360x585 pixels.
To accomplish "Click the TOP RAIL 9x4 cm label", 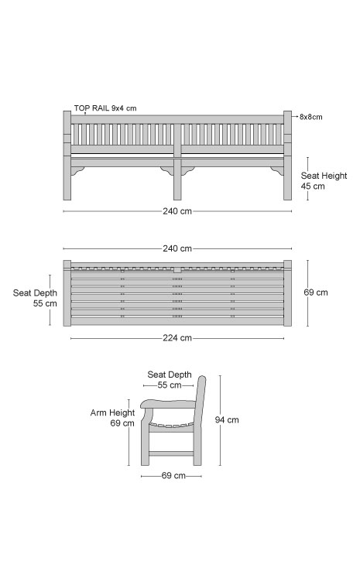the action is tap(105, 108).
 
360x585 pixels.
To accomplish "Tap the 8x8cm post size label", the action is tap(310, 117).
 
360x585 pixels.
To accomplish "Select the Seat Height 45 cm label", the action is tap(324, 181).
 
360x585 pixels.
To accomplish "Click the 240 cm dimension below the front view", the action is tap(177, 211).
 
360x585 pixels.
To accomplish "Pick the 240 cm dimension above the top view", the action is tap(177, 248).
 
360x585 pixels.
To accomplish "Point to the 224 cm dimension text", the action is tap(177, 338).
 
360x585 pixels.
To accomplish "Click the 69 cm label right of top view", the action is tap(316, 292).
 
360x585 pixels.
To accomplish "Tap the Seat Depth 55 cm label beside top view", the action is tap(35, 298).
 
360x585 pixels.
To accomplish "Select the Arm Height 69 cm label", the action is tap(112, 418).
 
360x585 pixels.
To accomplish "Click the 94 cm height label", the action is tap(227, 420).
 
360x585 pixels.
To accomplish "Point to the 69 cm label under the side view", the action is tap(173, 476).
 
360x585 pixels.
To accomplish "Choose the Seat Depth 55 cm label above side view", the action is tap(170, 380).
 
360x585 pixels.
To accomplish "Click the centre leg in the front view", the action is tap(177, 179).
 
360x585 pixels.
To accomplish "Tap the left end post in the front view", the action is tap(67, 156).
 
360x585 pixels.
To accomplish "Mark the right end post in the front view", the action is tap(287, 156).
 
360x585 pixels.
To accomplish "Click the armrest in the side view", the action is tap(168, 404).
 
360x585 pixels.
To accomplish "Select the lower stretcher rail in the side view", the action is tap(171, 453).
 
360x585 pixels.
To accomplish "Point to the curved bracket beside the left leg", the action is tap(77, 170).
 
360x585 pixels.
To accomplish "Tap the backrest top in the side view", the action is tap(201, 381).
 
